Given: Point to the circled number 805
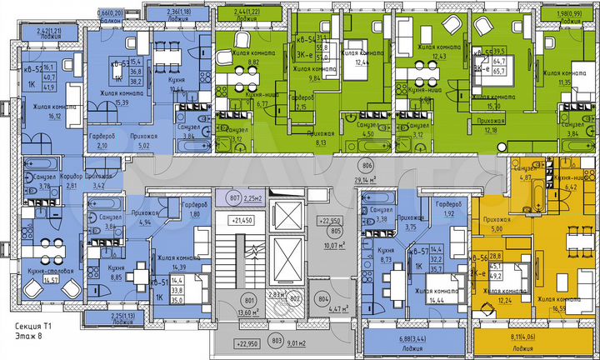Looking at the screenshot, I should tap(335, 232).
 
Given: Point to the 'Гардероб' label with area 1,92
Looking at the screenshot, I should tap(447, 204).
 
